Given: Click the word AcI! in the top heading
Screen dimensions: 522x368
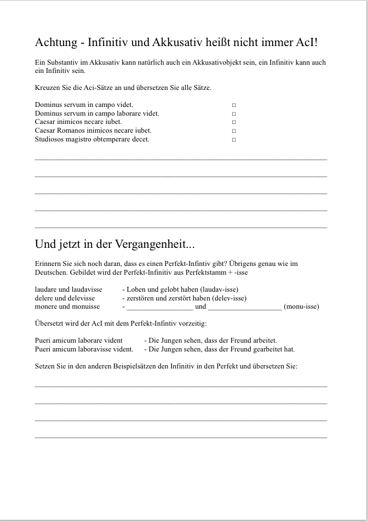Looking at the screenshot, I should [306, 42].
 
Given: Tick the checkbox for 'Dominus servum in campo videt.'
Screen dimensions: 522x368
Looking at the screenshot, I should [234, 105].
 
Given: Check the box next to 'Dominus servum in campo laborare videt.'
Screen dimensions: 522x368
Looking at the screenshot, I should [234, 114].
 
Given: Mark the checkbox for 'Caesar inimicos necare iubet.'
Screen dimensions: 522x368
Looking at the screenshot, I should [234, 122].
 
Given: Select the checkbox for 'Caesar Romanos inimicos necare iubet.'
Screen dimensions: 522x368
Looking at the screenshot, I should [234, 131].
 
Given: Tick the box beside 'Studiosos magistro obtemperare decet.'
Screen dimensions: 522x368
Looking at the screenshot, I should [234, 140].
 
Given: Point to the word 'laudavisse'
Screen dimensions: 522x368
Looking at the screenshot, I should [85, 290].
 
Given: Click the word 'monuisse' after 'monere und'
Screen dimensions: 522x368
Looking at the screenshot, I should [85, 307].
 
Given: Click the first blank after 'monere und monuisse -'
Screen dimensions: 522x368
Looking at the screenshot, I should [159, 307].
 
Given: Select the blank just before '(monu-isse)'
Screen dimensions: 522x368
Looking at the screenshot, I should [245, 307].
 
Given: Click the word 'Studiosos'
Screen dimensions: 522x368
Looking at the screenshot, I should [49, 139].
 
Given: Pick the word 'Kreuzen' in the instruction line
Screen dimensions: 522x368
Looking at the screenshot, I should [47, 88].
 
